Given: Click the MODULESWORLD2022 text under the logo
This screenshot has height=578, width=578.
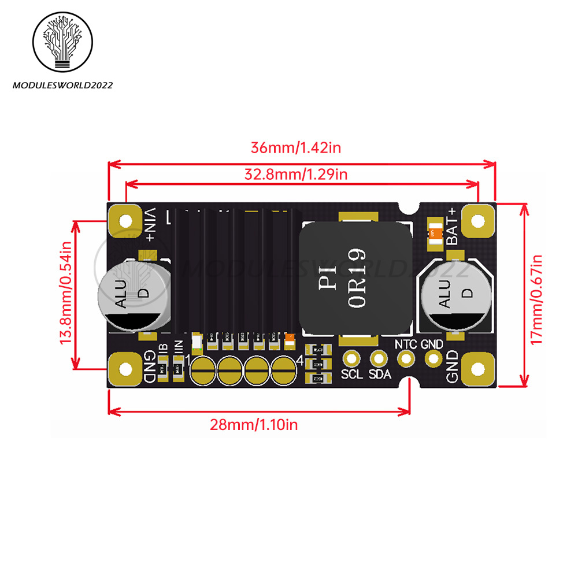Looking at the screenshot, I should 63,86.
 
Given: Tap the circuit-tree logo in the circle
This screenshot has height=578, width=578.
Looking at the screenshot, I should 63,43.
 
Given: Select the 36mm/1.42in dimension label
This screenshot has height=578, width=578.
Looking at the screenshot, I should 295,147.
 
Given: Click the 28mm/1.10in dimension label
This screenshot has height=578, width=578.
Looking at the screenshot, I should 254,425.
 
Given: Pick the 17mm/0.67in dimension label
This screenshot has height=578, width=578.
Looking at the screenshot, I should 537,299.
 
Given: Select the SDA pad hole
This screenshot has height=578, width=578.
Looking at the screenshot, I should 379,358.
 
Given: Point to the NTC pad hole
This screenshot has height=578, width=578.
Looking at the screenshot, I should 406,358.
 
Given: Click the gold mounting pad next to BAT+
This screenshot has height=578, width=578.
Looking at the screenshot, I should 477,221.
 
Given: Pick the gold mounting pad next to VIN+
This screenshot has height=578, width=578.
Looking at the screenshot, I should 125,221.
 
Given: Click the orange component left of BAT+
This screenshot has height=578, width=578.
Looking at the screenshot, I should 432,234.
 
